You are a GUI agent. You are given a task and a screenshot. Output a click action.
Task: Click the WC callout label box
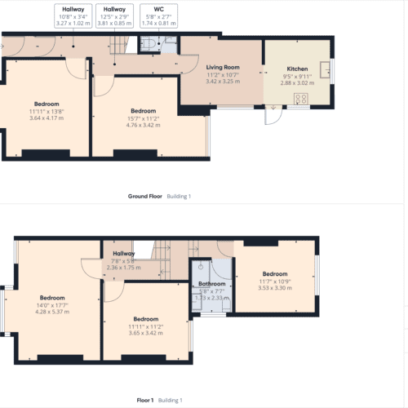[x=159, y=16]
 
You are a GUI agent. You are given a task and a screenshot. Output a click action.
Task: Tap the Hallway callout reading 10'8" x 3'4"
[x=73, y=16]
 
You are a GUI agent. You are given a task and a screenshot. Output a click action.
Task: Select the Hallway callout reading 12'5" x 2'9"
[x=114, y=16]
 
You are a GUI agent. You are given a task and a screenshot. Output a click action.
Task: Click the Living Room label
[x=223, y=67]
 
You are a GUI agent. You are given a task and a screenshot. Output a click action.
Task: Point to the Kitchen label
[x=297, y=69]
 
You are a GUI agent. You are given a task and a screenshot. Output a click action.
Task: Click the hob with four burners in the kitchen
[x=301, y=99]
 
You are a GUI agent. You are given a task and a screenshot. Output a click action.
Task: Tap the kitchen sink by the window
[x=325, y=70]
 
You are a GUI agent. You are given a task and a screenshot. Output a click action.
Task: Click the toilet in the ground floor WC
[x=148, y=43]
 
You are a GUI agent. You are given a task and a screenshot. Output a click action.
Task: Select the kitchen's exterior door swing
[x=273, y=117]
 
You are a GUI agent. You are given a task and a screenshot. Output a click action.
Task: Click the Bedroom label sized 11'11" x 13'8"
[x=47, y=104]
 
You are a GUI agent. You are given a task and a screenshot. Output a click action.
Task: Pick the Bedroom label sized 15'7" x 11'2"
[x=144, y=111]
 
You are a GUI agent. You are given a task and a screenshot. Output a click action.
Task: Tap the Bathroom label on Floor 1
[x=212, y=284]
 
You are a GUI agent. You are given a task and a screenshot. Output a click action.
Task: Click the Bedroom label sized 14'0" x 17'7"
[x=52, y=298]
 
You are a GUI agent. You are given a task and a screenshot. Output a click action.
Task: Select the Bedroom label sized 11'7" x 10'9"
[x=275, y=273]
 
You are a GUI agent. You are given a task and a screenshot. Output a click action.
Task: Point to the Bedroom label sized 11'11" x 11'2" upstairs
[x=146, y=319]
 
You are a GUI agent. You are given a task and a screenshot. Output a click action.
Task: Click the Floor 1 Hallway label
[x=124, y=254]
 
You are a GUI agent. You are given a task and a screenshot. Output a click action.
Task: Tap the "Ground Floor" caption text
[x=145, y=196]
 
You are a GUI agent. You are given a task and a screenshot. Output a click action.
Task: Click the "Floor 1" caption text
[x=145, y=400]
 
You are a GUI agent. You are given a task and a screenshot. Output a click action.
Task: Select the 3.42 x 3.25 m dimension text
[x=223, y=82]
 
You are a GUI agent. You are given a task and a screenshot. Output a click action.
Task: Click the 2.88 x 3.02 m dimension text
[x=297, y=83]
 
